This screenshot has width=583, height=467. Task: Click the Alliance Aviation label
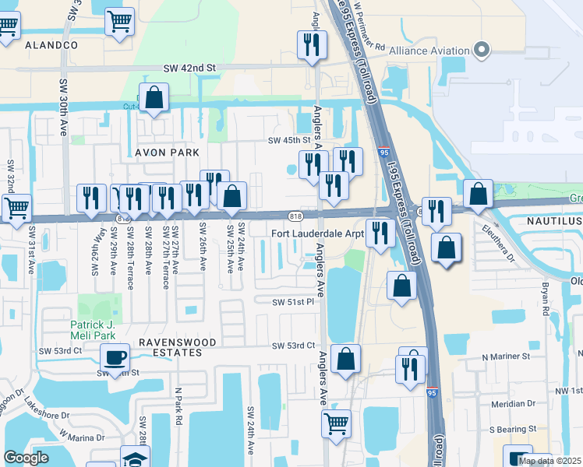click(429, 51)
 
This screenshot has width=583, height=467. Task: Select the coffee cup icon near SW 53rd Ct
click(115, 357)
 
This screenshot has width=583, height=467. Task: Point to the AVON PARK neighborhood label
click(168, 153)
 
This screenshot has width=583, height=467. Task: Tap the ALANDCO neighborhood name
click(51, 46)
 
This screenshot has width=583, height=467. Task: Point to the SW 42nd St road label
click(189, 68)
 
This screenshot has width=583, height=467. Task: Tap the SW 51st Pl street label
click(293, 301)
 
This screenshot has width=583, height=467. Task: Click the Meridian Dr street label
click(514, 404)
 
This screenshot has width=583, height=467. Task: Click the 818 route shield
click(295, 216)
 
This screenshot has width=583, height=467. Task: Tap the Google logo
click(26, 458)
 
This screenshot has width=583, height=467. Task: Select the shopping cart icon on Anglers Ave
click(336, 423)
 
